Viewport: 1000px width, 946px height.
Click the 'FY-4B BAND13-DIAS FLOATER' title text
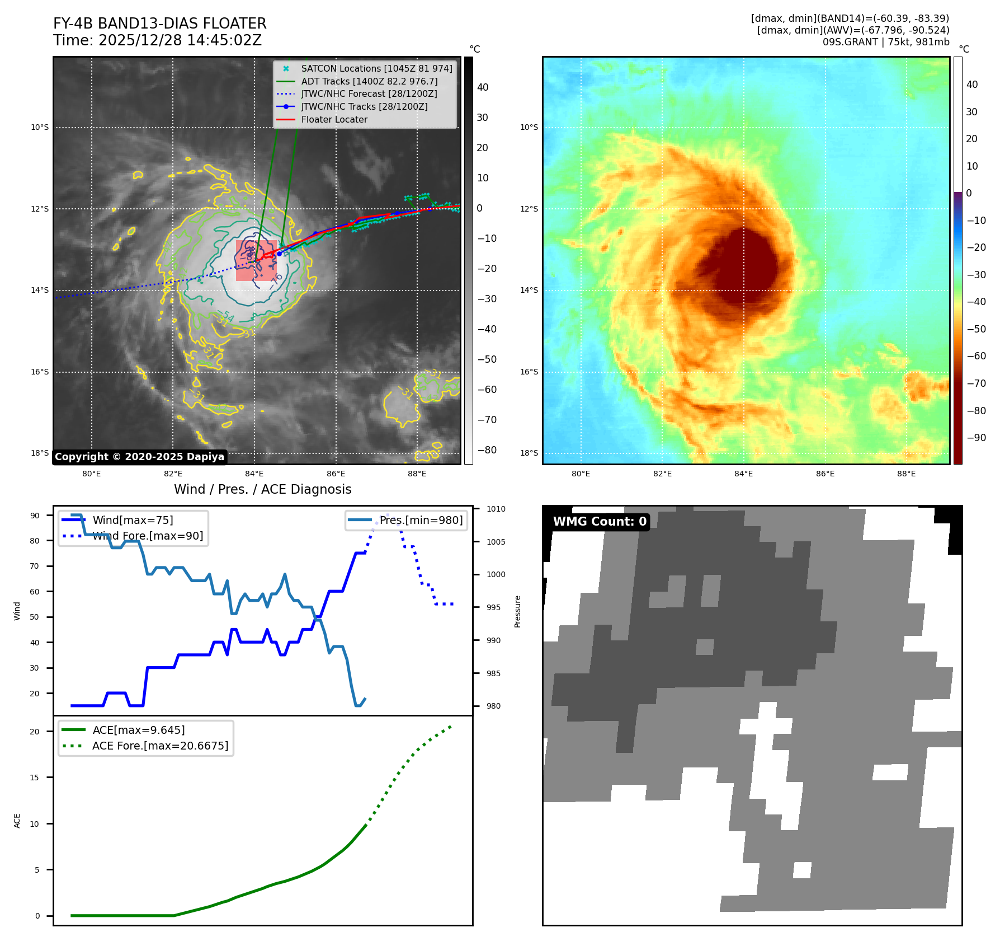[159, 24]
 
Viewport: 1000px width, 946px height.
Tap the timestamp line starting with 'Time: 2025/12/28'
[157, 40]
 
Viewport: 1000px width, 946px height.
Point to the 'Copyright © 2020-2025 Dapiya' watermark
[139, 457]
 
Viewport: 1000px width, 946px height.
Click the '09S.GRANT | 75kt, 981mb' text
[885, 42]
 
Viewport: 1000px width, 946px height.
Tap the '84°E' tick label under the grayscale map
[254, 474]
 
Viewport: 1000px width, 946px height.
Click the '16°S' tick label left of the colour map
[529, 372]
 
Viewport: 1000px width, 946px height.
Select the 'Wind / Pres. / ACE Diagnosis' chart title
[262, 489]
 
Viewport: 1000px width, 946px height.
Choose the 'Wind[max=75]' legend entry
[133, 520]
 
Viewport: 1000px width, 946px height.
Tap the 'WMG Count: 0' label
[600, 522]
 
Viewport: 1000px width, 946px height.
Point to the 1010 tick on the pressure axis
[496, 509]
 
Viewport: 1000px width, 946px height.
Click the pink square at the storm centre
[256, 260]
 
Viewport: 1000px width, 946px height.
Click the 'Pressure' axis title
[517, 611]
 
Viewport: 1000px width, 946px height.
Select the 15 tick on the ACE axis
[35, 778]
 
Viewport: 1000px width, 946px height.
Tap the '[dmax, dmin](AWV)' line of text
[853, 30]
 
